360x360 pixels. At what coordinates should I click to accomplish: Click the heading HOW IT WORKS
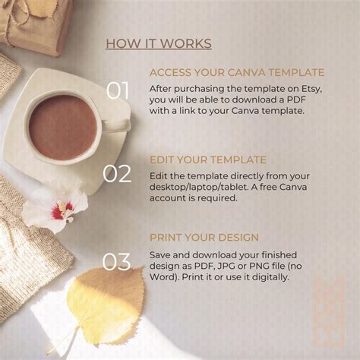click(158, 43)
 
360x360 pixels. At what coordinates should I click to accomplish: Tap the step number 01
click(117, 91)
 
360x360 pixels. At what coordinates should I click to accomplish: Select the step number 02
click(117, 174)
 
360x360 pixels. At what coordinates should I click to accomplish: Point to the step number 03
click(117, 262)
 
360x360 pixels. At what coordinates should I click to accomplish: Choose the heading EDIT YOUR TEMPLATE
click(207, 160)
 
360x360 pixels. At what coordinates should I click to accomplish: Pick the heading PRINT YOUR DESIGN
click(204, 237)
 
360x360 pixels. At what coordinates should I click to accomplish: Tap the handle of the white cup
click(115, 125)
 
